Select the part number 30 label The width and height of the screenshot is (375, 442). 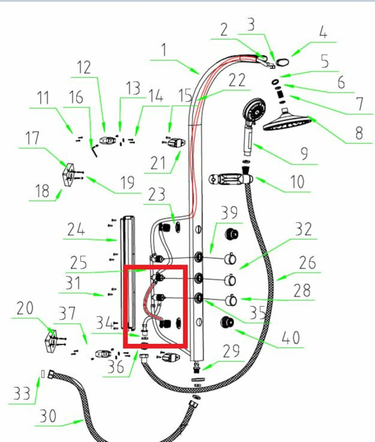pos(48,417)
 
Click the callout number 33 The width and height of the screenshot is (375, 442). pos(21,394)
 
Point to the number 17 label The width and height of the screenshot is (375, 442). pos(32,139)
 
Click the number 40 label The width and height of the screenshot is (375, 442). pos(290,338)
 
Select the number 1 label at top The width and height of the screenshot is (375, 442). pos(163,51)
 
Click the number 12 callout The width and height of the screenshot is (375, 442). pos(84,67)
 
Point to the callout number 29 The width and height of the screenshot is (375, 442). pos(231,351)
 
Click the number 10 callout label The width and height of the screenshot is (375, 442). pos(297,182)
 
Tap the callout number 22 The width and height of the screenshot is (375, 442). pos(237,81)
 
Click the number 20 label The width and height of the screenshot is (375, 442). pos(25,309)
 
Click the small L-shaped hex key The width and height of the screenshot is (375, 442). pos(95,151)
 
